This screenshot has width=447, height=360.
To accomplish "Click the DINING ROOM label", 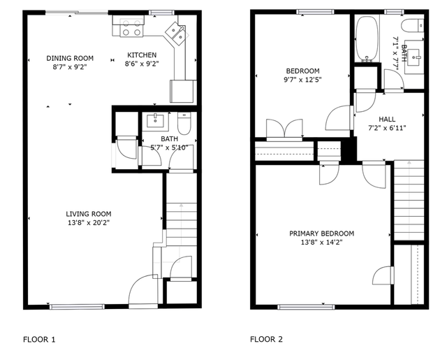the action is click(x=70, y=58).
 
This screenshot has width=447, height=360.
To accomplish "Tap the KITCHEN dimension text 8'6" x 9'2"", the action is click(x=142, y=64).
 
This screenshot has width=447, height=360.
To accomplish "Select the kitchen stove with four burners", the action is click(x=131, y=28).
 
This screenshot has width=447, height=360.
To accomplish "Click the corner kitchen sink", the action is click(x=177, y=33).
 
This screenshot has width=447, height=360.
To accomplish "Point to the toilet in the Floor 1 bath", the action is click(x=184, y=123).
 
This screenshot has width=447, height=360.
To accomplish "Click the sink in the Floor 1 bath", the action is click(x=155, y=120).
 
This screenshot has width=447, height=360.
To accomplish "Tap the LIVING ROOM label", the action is click(x=89, y=214).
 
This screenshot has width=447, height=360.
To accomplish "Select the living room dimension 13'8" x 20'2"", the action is click(x=89, y=223).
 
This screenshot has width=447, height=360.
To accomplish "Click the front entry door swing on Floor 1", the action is click(x=142, y=289).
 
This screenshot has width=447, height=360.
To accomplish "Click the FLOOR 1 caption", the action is click(x=39, y=340).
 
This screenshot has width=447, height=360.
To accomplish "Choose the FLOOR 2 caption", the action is click(x=267, y=340).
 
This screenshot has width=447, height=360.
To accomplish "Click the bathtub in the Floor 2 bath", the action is click(x=367, y=39).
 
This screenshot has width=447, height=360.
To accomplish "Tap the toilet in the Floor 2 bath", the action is click(x=413, y=26).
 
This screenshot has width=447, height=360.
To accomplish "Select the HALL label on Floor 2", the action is click(x=387, y=120).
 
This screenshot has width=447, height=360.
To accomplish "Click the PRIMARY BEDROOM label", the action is click(x=322, y=233).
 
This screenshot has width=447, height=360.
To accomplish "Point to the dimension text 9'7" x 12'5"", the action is click(x=302, y=80).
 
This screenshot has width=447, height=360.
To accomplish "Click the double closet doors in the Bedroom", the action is click(x=284, y=128).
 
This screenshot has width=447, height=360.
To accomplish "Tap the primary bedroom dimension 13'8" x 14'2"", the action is click(x=322, y=243).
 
